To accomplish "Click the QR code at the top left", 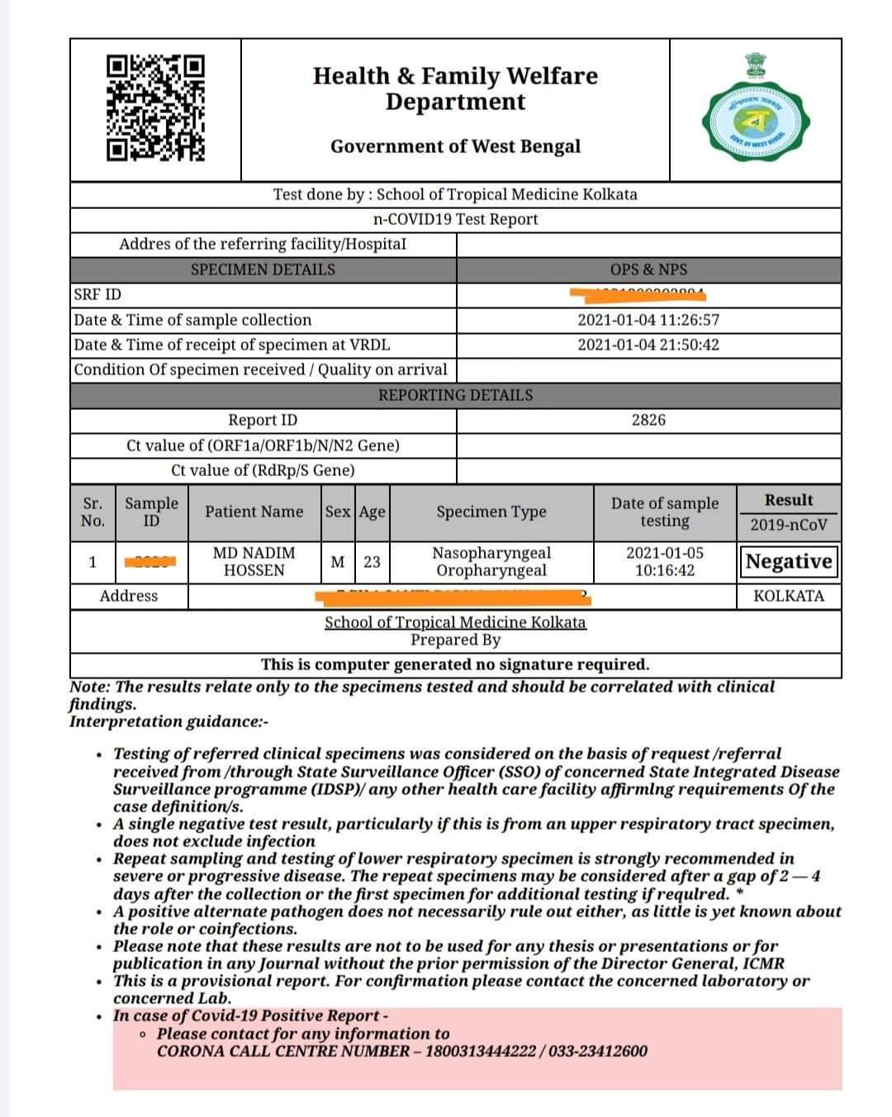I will pos(156,107).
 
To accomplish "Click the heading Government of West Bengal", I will pos(455,146).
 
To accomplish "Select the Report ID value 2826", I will pos(648,420).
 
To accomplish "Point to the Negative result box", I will pos(789,562).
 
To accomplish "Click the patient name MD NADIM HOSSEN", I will pos(254,562).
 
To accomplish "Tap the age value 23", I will pos(372,562).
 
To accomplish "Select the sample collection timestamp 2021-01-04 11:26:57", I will pos(648,320).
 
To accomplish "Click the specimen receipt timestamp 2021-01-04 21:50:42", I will pos(648,345).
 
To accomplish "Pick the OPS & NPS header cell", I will pos(648,269).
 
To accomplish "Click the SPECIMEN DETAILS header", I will pos(263,269).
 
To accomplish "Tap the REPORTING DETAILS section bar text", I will pos(455,395).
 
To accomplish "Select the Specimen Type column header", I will pos(491,511).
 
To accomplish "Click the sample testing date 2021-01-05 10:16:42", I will pos(665,562).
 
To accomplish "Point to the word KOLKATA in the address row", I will pos(789,596).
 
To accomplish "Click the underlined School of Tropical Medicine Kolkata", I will pos(455,622).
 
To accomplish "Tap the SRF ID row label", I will pos(97,295).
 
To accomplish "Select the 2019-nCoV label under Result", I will pos(789,525).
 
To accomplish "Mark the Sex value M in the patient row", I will pos(337,562).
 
